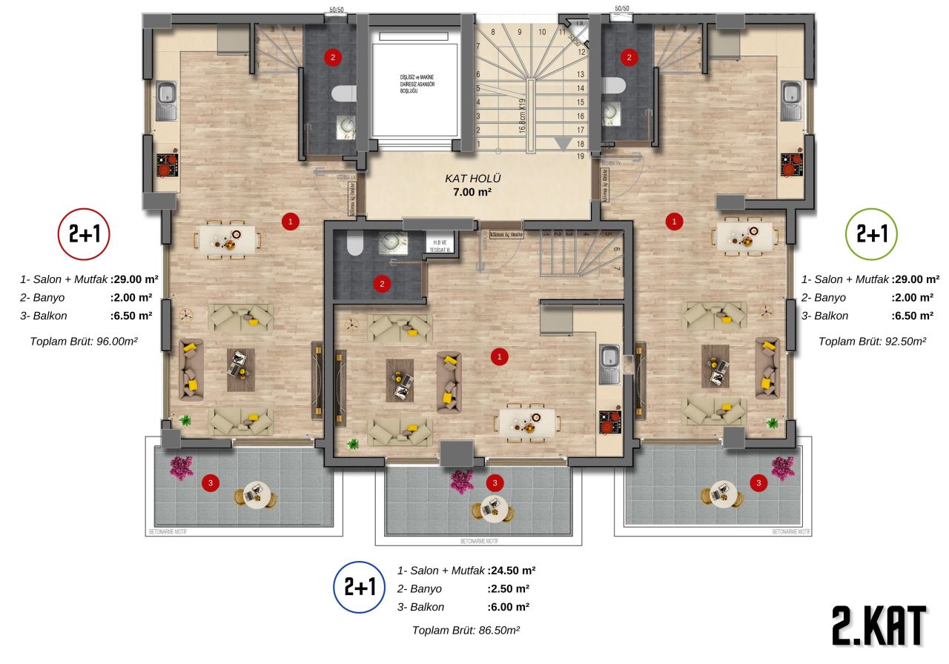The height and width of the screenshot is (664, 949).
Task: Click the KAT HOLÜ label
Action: (473, 179)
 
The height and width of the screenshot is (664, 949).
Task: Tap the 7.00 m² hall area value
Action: (474, 192)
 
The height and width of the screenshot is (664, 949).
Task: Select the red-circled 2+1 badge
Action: (84, 233)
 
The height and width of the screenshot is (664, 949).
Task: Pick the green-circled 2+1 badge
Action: (872, 233)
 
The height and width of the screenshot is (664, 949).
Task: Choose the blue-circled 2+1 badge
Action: (360, 587)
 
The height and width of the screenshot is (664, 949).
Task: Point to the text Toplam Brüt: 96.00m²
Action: (84, 342)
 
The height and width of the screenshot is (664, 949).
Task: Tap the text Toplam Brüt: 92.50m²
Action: (873, 342)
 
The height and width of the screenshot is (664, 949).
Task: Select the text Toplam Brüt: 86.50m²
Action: (466, 630)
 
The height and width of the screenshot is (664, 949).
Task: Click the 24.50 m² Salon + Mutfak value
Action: (512, 571)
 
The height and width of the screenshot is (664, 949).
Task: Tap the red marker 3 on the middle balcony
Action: (495, 482)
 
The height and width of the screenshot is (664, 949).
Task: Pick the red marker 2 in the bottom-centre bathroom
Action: (382, 282)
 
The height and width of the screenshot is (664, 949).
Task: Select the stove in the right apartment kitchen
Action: (790, 164)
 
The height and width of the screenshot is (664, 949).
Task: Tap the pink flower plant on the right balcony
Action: (781, 468)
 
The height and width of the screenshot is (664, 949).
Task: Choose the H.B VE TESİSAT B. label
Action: (435, 245)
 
